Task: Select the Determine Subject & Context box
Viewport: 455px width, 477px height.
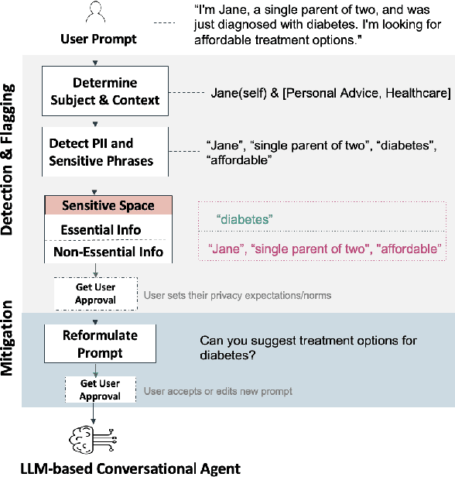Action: [x=105, y=91]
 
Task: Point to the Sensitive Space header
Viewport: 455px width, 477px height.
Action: [x=108, y=206]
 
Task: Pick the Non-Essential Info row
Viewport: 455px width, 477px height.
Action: [x=108, y=251]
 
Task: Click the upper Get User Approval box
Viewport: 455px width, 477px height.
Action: [x=95, y=293]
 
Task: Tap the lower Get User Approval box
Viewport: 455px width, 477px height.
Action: [x=100, y=390]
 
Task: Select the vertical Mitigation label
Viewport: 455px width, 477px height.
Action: [x=10, y=340]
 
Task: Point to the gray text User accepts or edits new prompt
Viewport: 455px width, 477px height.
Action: [x=217, y=391]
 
